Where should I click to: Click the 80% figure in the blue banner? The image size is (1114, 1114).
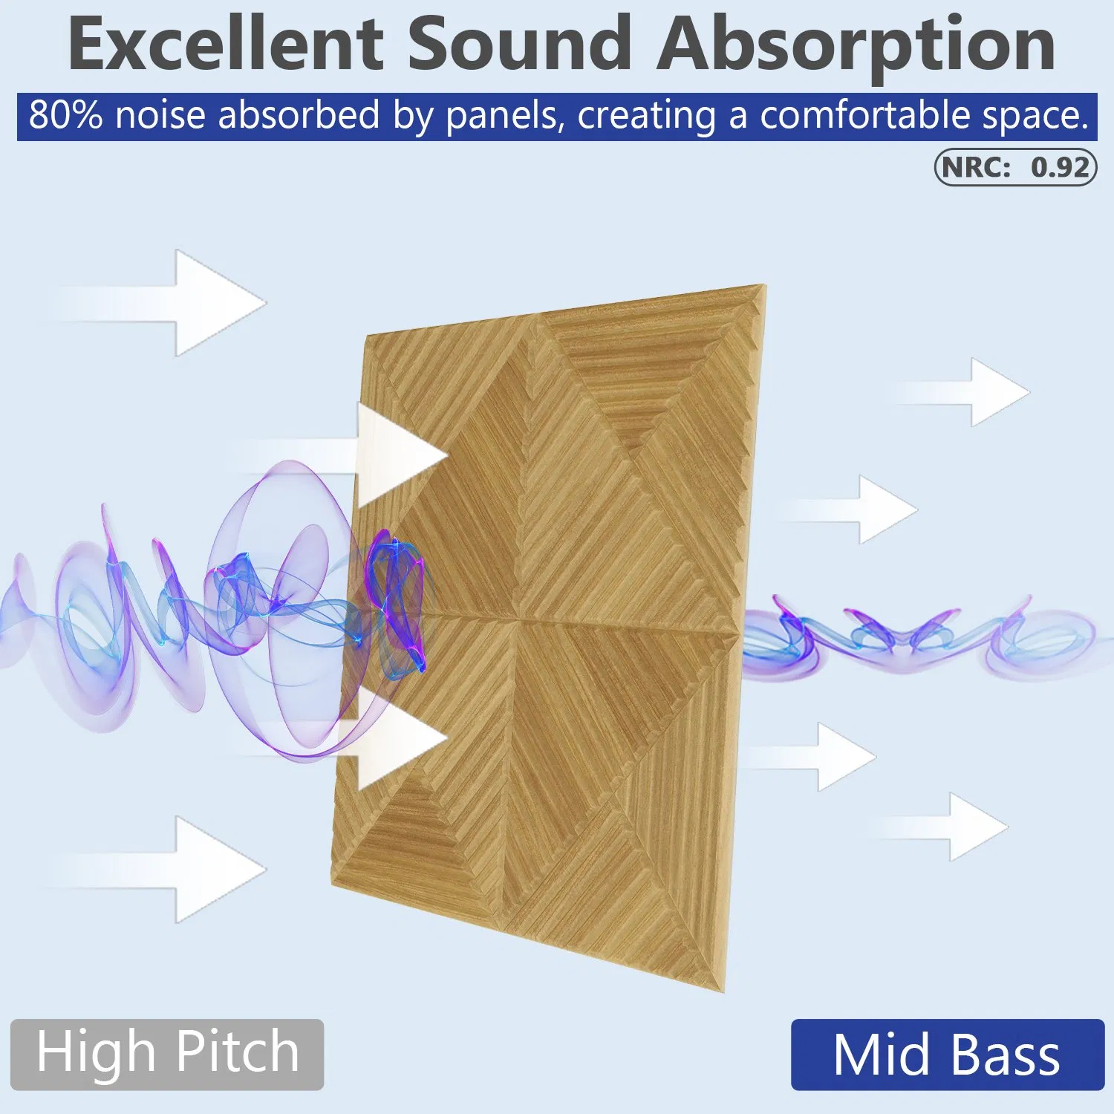point(65,116)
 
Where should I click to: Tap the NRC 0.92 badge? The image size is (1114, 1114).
point(1015,167)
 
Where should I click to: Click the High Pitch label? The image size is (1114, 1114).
point(167,1054)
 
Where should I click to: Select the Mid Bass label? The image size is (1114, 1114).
point(947,1055)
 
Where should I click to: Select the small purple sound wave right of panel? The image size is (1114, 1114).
point(913,639)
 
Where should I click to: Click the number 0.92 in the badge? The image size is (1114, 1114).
point(1060,168)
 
